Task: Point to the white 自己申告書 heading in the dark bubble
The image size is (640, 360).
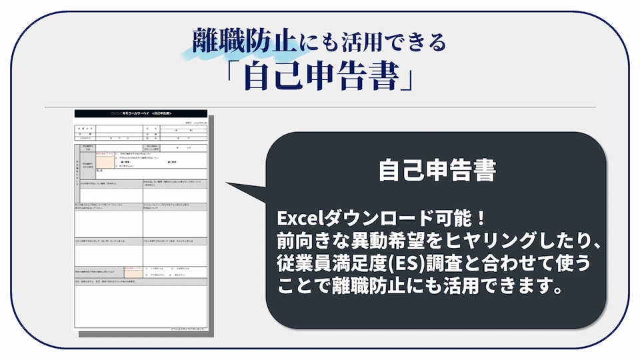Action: point(437,171)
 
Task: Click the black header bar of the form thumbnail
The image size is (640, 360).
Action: point(141,114)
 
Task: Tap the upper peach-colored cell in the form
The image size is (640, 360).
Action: point(105,161)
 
